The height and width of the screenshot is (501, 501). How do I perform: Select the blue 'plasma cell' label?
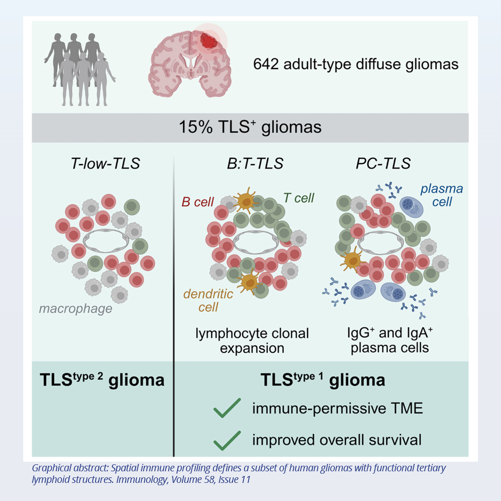[442, 195]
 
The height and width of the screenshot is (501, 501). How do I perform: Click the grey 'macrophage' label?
[76, 308]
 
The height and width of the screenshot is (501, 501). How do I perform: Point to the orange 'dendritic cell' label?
[201, 300]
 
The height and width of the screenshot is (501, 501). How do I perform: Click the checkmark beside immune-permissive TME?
[227, 408]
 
